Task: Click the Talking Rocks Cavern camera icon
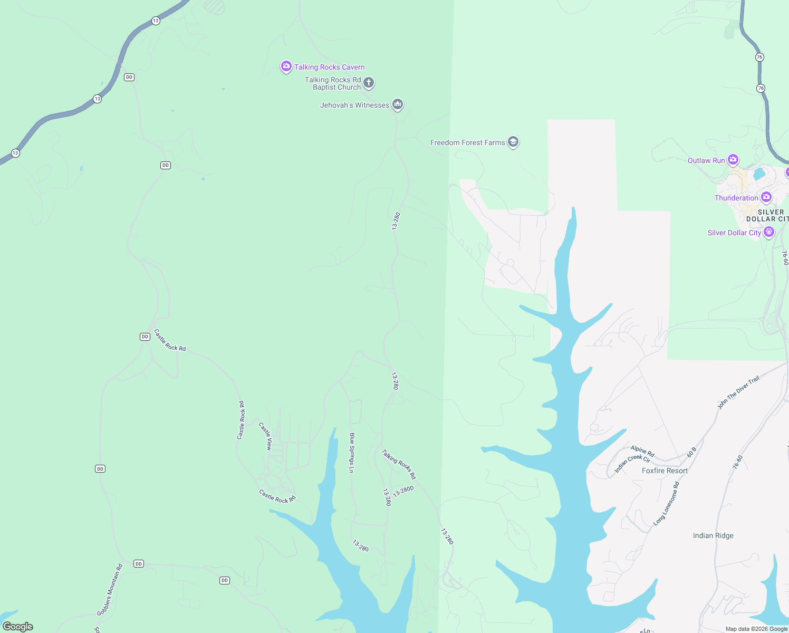[x=286, y=66]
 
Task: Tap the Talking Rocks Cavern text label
[x=329, y=67]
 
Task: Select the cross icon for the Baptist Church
[x=369, y=82]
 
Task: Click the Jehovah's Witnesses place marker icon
[x=398, y=104]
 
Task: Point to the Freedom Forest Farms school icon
[x=513, y=142]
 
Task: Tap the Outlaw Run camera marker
[x=733, y=159]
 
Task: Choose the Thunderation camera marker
[x=766, y=197]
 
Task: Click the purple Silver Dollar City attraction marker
[x=769, y=232]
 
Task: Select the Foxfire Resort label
[x=665, y=471]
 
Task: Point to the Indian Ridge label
[x=713, y=535]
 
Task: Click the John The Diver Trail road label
[x=738, y=393]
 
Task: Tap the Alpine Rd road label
[x=642, y=451]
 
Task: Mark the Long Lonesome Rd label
[x=666, y=503]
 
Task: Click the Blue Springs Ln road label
[x=352, y=453]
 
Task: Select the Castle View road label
[x=266, y=436]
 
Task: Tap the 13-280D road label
[x=403, y=491]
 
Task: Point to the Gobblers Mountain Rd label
[x=110, y=590]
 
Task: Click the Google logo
[x=18, y=626]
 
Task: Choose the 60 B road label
[x=691, y=452]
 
